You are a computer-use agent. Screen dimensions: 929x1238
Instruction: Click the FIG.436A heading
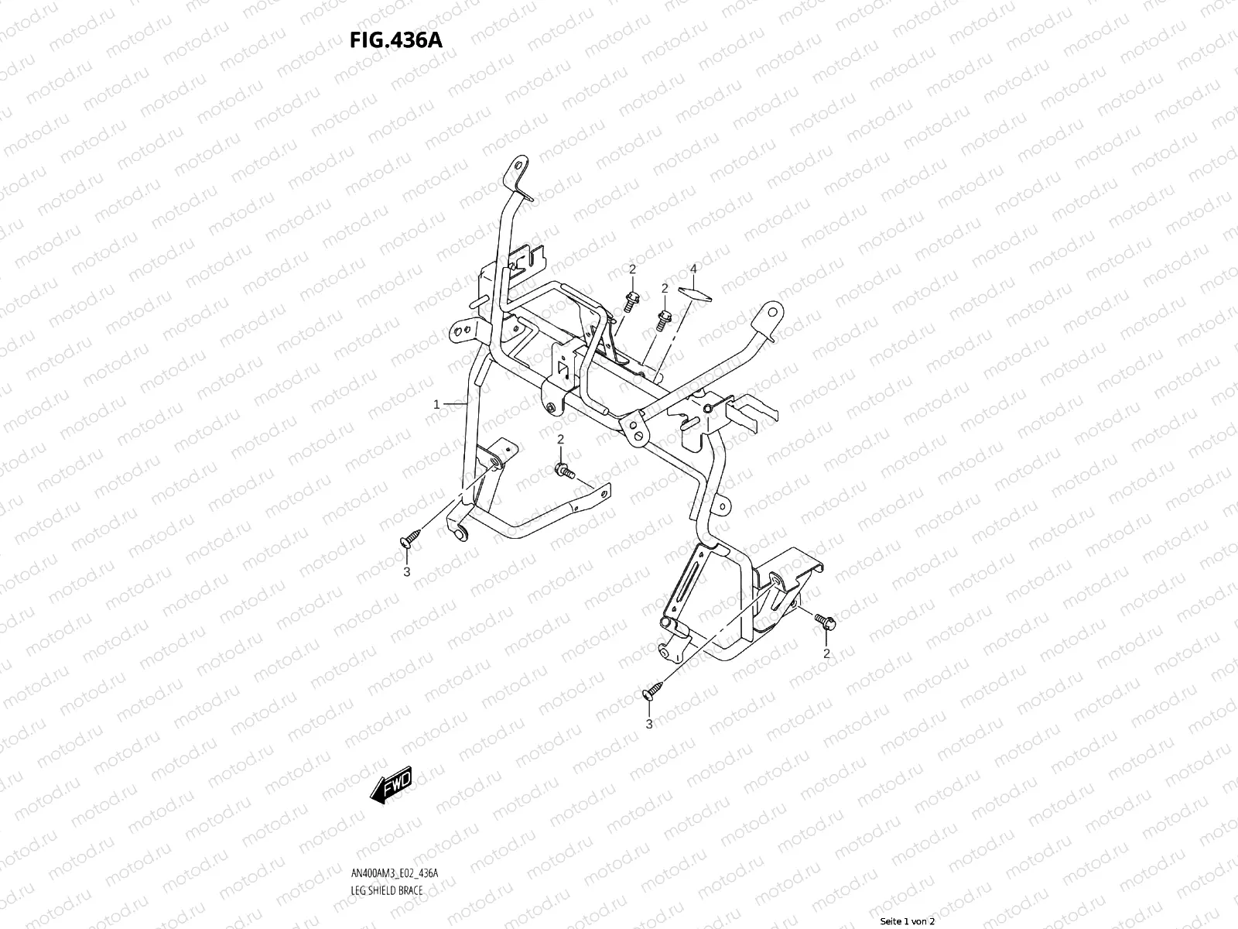pyautogui.click(x=396, y=39)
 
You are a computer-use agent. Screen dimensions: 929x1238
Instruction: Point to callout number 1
pyautogui.click(x=436, y=404)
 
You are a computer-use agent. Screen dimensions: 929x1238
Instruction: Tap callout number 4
pyautogui.click(x=693, y=269)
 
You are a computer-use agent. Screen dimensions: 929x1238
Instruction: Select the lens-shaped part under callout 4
pyautogui.click(x=693, y=293)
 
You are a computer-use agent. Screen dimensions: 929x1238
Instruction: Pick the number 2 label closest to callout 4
pyautogui.click(x=664, y=288)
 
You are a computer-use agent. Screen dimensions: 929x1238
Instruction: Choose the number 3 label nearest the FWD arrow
pyautogui.click(x=406, y=572)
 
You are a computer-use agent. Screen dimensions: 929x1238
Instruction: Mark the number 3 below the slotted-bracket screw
pyautogui.click(x=649, y=724)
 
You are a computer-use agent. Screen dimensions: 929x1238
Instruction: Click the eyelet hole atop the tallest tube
pyautogui.click(x=516, y=166)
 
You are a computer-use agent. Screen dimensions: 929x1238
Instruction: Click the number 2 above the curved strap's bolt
pyautogui.click(x=561, y=440)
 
